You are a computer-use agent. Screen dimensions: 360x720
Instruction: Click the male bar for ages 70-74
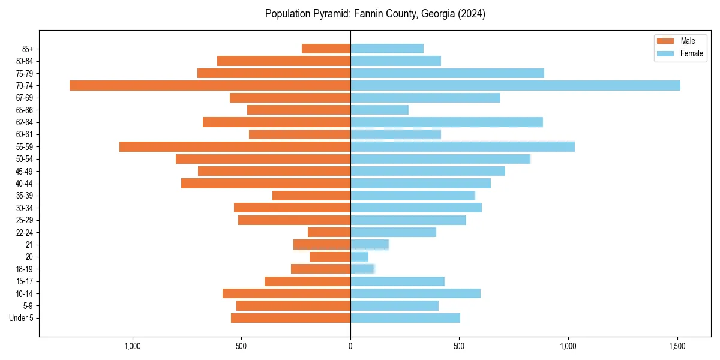tap(210, 85)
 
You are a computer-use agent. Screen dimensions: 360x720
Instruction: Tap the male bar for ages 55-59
tap(235, 146)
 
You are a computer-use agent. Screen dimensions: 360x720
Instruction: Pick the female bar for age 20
tap(359, 257)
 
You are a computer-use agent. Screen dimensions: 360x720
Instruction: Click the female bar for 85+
tap(387, 49)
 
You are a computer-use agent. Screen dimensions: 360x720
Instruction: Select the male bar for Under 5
tap(290, 318)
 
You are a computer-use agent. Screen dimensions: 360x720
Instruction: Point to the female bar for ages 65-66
tap(379, 110)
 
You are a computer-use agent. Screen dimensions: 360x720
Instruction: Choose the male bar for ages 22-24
tap(329, 232)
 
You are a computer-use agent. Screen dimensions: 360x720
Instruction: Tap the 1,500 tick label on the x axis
tap(677, 347)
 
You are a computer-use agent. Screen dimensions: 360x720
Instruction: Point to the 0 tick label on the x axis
tap(350, 347)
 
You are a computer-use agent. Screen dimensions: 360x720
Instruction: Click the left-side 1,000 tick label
tap(132, 347)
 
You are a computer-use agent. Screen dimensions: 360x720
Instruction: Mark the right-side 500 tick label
tap(459, 347)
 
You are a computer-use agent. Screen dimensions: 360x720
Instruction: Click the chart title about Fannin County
tap(375, 14)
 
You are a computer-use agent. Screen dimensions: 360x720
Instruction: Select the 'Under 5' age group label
tap(21, 318)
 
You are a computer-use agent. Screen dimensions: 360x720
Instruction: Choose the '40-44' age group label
tap(25, 184)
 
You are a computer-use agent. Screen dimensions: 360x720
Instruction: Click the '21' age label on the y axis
tap(29, 245)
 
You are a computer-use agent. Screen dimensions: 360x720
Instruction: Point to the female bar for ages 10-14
tap(415, 293)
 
